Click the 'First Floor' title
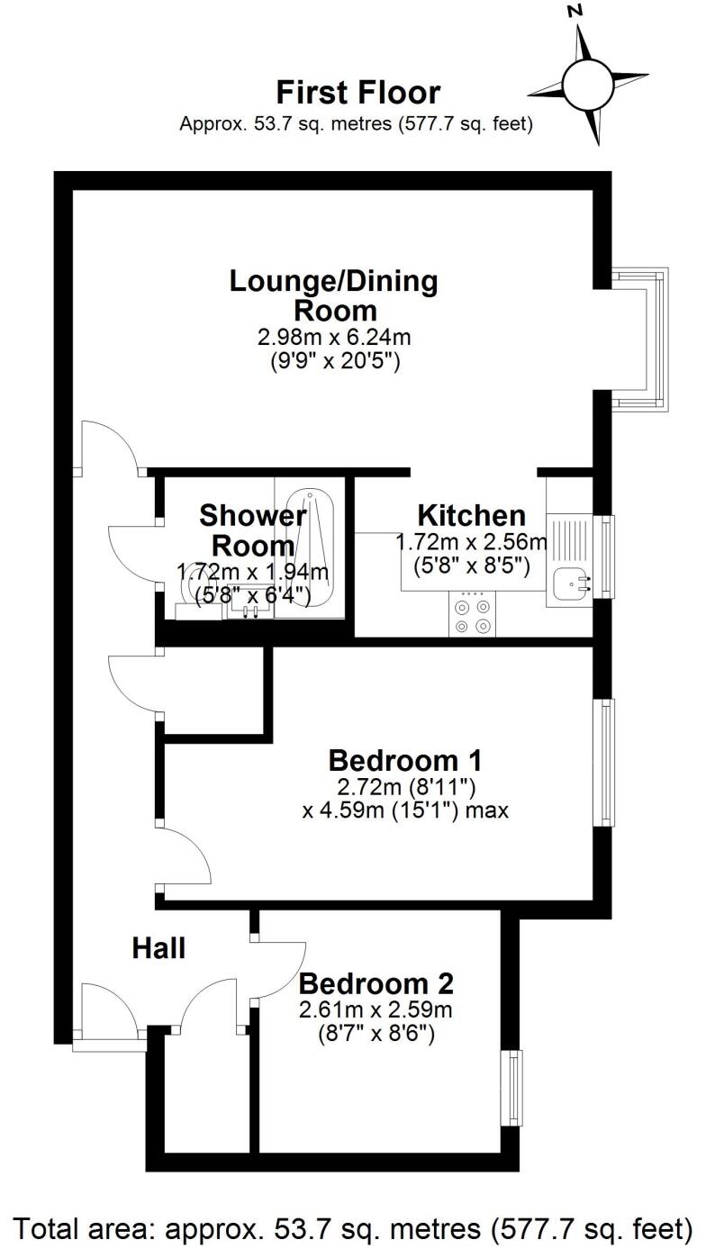(x=358, y=93)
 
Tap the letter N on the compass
(x=575, y=12)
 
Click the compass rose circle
(x=587, y=84)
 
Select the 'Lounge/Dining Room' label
(x=334, y=295)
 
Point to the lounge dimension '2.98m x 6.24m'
(x=334, y=338)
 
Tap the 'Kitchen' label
(x=471, y=516)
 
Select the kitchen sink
(x=570, y=584)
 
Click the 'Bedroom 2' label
(x=376, y=982)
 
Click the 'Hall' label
(x=158, y=947)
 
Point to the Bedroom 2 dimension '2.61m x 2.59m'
(x=376, y=1009)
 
